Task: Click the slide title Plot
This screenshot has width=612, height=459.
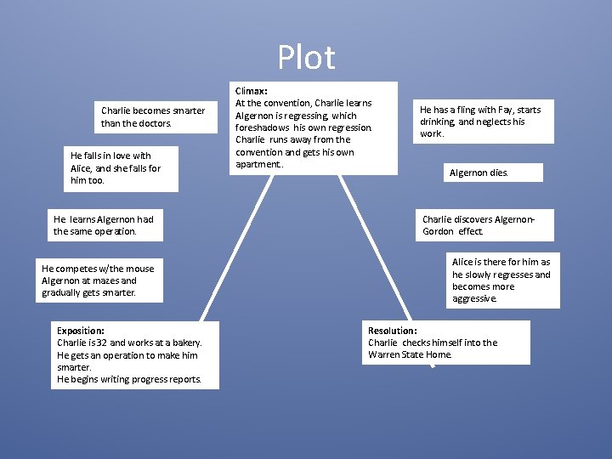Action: click(x=306, y=58)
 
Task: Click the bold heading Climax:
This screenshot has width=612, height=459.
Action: click(x=251, y=90)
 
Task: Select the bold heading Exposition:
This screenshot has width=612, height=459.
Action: click(x=80, y=330)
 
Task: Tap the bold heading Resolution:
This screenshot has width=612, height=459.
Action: click(x=392, y=330)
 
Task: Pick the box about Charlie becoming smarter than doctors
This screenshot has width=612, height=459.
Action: click(x=153, y=117)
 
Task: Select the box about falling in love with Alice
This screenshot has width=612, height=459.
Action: click(x=116, y=167)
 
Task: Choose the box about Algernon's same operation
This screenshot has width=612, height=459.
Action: click(x=106, y=225)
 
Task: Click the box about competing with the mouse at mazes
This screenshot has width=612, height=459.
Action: click(x=98, y=280)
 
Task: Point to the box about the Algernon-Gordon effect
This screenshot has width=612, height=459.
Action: click(x=483, y=225)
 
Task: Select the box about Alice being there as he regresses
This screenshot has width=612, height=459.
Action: click(x=501, y=280)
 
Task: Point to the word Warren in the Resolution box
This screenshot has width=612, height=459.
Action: click(x=383, y=354)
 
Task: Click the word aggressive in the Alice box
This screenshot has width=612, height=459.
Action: click(x=474, y=299)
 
